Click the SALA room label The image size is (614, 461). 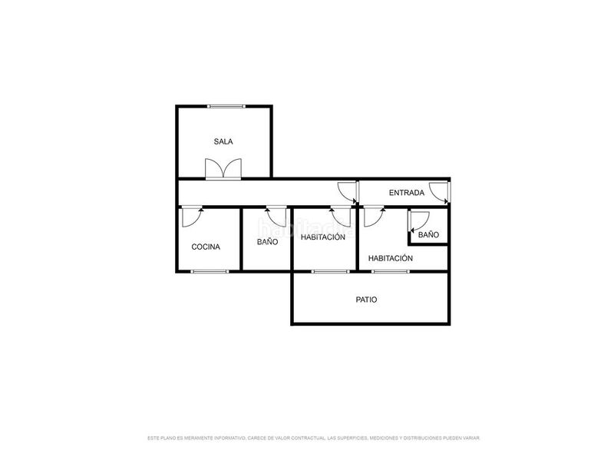click(x=223, y=141)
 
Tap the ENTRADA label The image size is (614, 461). click(x=407, y=193)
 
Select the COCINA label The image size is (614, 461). click(x=206, y=247)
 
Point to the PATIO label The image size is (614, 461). click(x=366, y=300)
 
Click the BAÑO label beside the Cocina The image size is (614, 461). click(x=267, y=242)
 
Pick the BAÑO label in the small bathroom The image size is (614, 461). click(x=428, y=234)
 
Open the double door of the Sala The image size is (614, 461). click(x=223, y=168)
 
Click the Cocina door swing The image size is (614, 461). click(x=191, y=216)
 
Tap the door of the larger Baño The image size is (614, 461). click(x=275, y=216)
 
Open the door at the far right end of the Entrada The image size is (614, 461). click(x=439, y=191)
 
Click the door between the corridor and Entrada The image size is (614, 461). click(x=348, y=191)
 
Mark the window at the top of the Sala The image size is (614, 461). click(x=226, y=106)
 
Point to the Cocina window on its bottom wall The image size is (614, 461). click(x=210, y=271)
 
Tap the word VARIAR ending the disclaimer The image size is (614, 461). click(x=470, y=438)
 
